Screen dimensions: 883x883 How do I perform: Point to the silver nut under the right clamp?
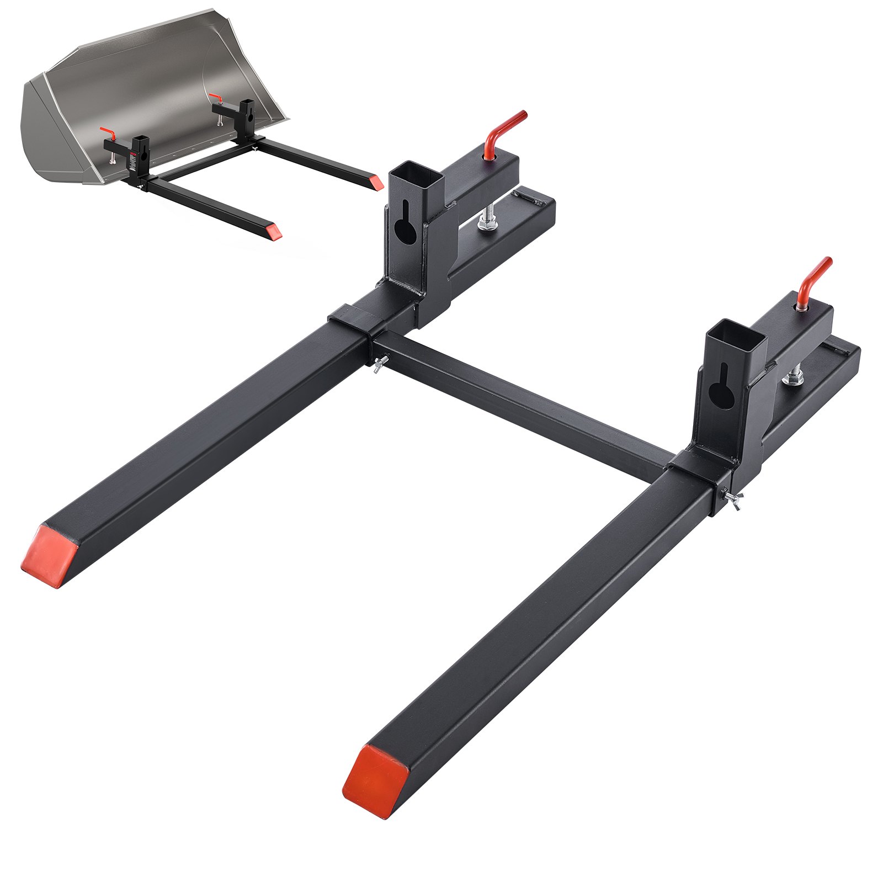[x=793, y=377]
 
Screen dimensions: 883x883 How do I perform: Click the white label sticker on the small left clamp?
[x=133, y=163]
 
